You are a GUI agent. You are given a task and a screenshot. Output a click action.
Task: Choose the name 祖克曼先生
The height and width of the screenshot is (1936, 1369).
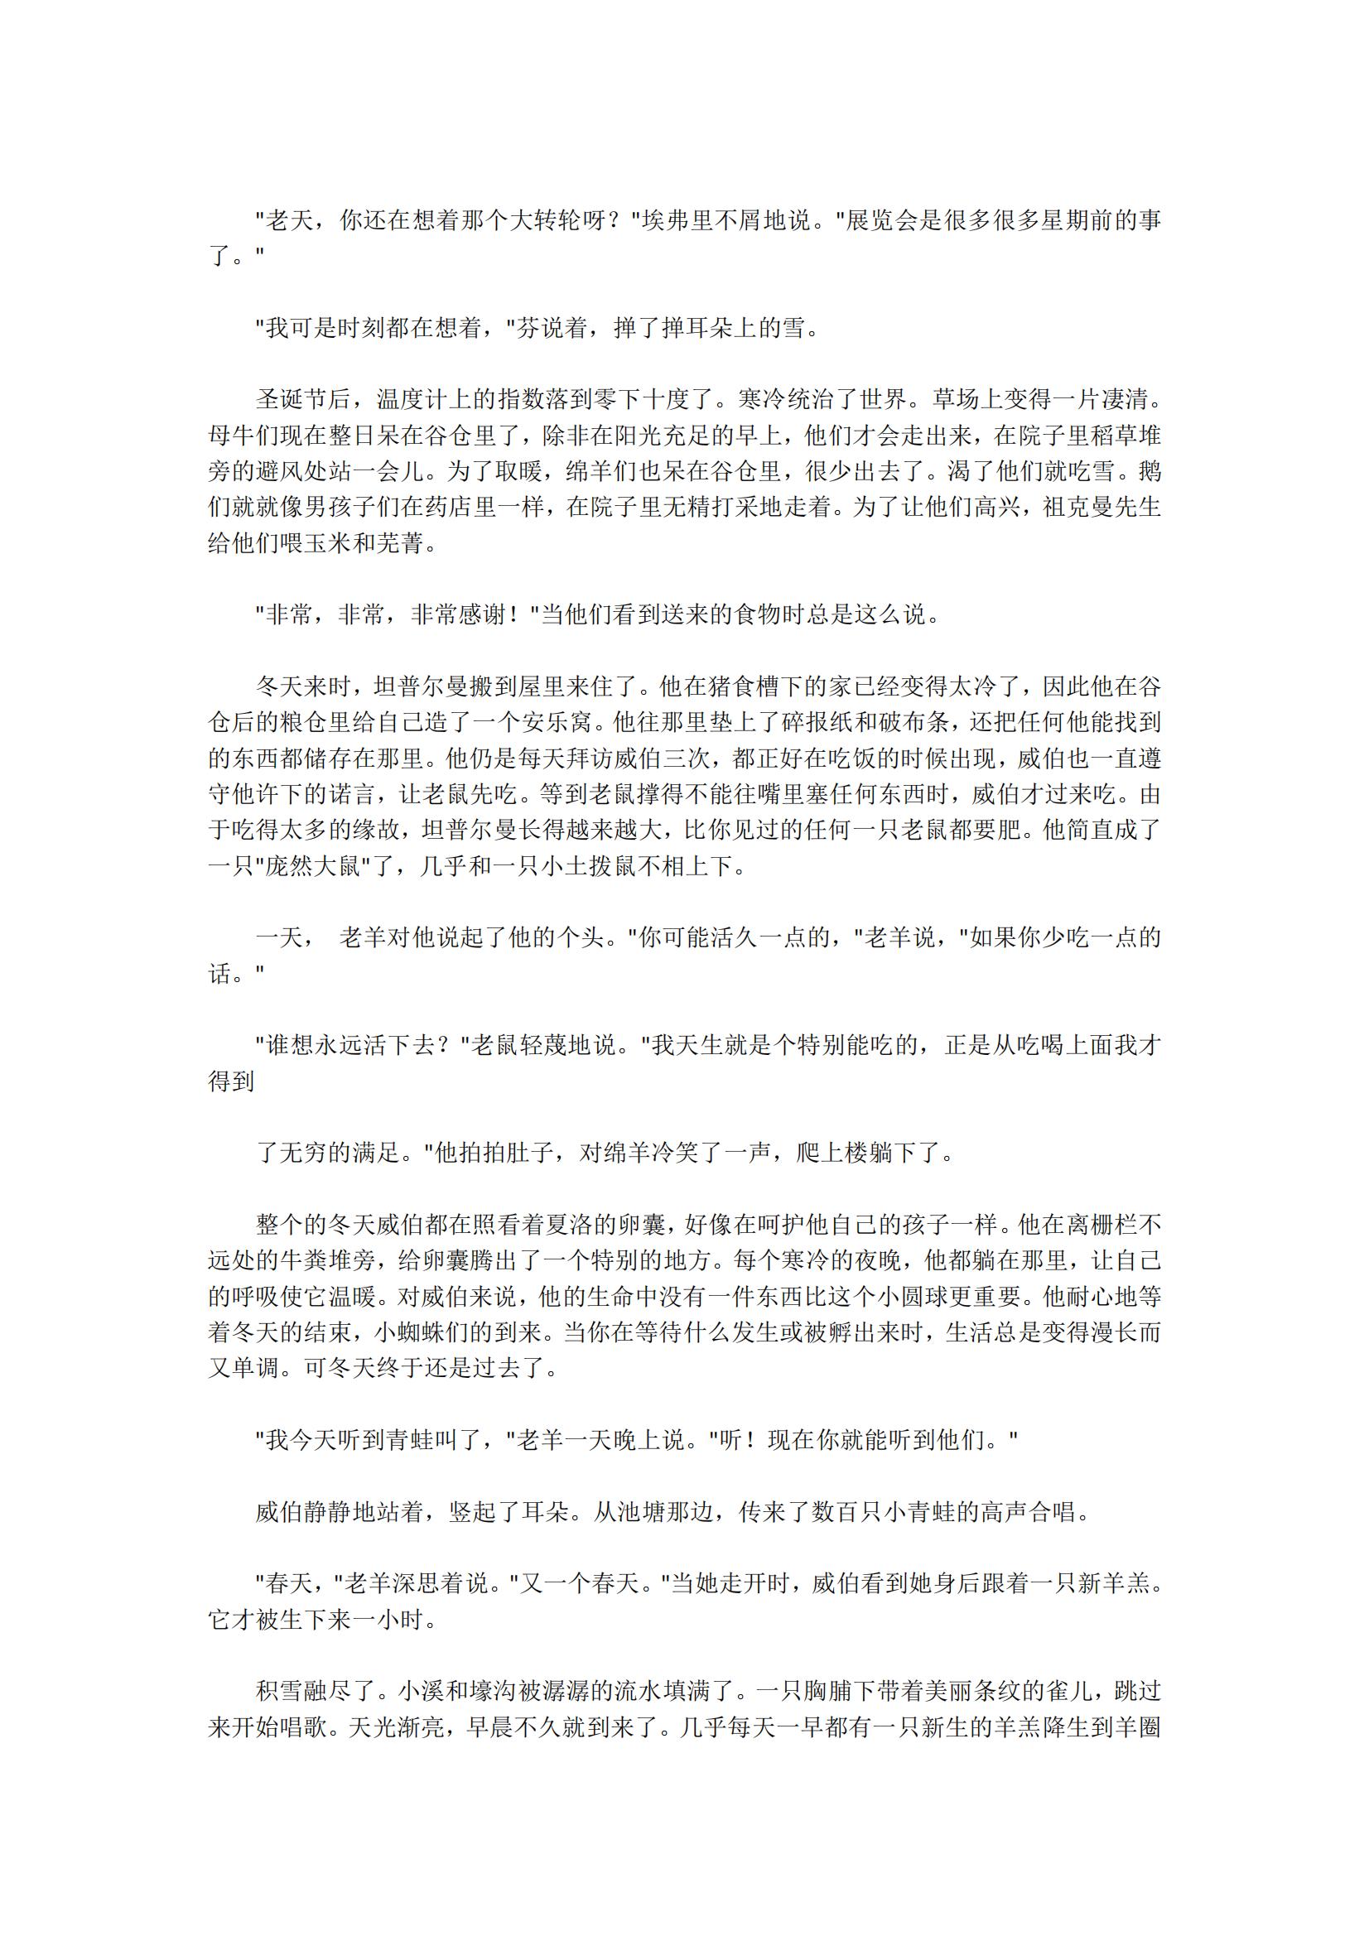point(1101,507)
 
